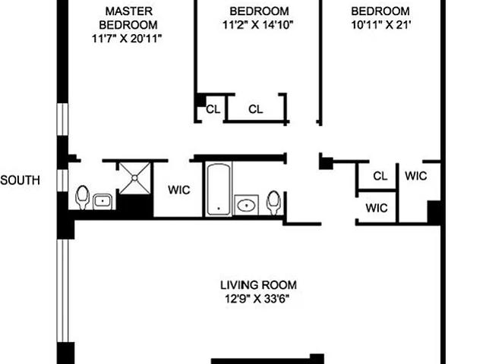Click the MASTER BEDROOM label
coord(128,18)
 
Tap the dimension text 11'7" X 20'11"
coord(127,39)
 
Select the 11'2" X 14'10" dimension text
coord(258,25)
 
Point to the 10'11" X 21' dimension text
coord(381,25)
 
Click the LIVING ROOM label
coord(258,285)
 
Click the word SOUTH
coord(21,180)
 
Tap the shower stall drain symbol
coord(135,178)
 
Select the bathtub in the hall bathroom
coord(219,189)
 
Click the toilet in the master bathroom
coord(83,197)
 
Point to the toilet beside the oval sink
coord(273,202)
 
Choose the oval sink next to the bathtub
coord(246,205)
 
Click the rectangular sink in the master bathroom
coord(103,202)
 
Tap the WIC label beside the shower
coord(179,190)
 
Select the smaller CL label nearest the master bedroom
coord(213,109)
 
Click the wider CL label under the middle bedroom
coord(256,109)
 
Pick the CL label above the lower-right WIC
coord(380,176)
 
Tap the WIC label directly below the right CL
coord(377,208)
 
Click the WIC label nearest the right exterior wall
coord(416,176)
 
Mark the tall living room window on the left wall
coord(62,290)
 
